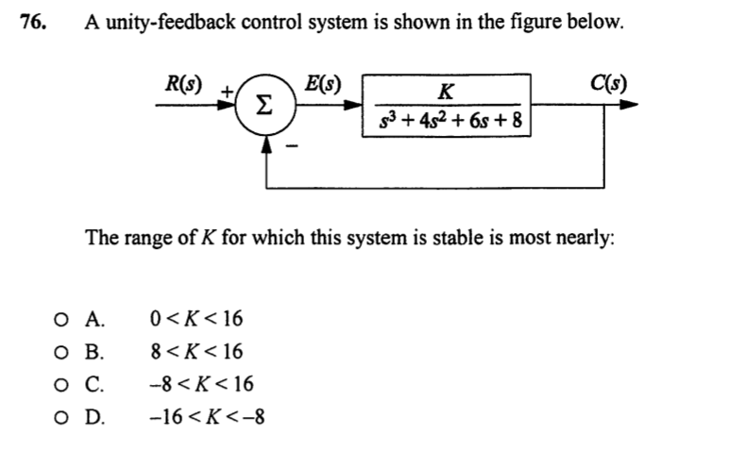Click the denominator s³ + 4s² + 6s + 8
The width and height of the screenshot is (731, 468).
point(450,122)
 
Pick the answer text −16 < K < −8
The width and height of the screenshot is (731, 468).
point(207,416)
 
